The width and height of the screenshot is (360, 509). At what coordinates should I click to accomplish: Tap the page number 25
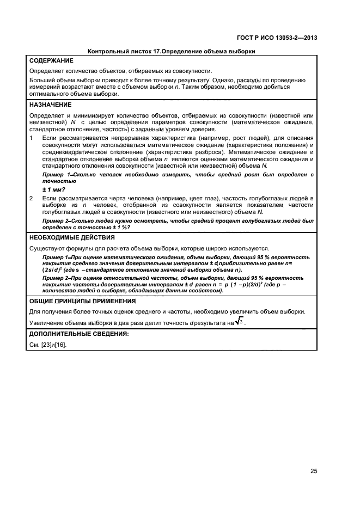pos(314,471)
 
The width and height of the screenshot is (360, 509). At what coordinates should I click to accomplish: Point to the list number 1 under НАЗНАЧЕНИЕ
pos(31,138)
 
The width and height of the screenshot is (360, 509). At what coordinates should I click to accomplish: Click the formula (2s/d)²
pos(54,270)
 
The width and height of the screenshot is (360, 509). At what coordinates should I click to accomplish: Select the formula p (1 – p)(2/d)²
pos(245,284)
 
